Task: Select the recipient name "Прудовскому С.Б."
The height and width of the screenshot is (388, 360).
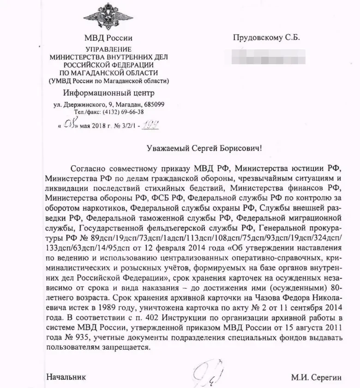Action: coord(266,38)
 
